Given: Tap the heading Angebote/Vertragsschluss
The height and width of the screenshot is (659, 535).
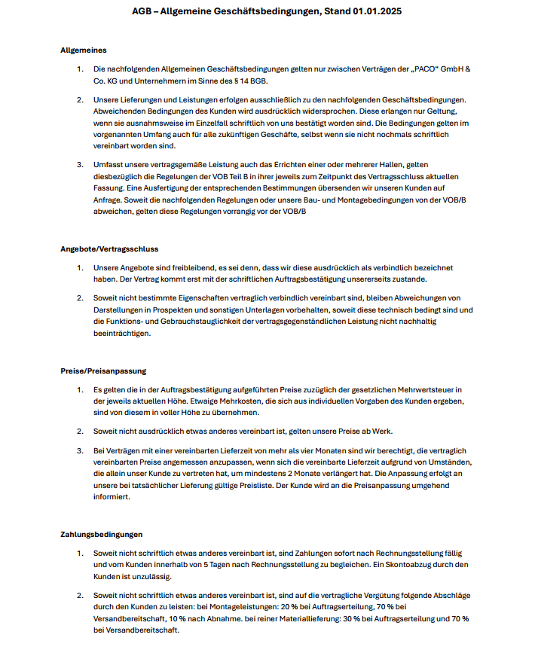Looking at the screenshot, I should [109, 249].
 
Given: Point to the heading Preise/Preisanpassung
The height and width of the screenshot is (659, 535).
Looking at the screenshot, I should [103, 371].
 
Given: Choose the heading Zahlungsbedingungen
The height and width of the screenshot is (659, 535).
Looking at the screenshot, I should [102, 535].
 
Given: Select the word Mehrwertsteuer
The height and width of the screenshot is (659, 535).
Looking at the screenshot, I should [423, 389].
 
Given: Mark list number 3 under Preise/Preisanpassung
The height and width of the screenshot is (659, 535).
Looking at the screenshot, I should [81, 450].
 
